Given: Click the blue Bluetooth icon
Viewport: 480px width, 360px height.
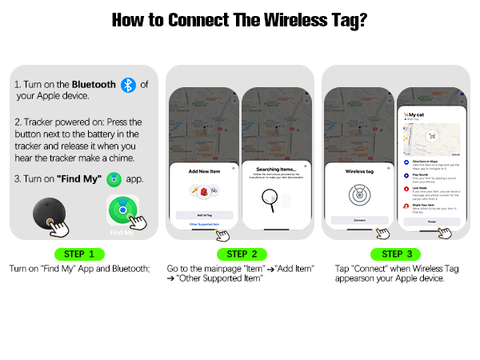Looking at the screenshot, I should (128, 86).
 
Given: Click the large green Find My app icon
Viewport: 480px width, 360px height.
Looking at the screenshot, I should (124, 213).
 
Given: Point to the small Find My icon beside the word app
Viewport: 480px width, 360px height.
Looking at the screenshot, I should (114, 179).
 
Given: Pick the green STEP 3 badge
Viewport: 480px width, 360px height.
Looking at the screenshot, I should (392, 254).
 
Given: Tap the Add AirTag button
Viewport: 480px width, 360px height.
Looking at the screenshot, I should (204, 215).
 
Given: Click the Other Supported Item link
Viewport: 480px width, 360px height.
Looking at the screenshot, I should (203, 225).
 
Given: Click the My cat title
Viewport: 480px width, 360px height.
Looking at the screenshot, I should (415, 115).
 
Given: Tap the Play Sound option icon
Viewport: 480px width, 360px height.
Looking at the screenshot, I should (406, 178).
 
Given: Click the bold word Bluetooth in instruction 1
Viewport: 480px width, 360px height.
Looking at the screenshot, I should (94, 84).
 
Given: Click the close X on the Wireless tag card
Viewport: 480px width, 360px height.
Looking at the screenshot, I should (388, 168).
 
